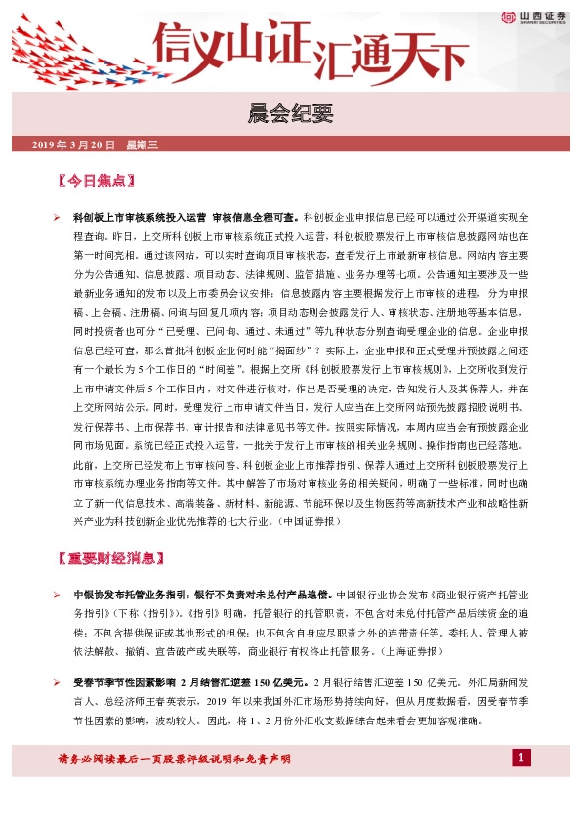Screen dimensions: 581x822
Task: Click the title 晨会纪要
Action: pyautogui.click(x=290, y=116)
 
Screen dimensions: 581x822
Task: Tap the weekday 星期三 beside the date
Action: pyautogui.click(x=142, y=145)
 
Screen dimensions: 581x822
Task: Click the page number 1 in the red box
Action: pyautogui.click(x=522, y=759)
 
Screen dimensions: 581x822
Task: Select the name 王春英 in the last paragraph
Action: pyautogui.click(x=185, y=700)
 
